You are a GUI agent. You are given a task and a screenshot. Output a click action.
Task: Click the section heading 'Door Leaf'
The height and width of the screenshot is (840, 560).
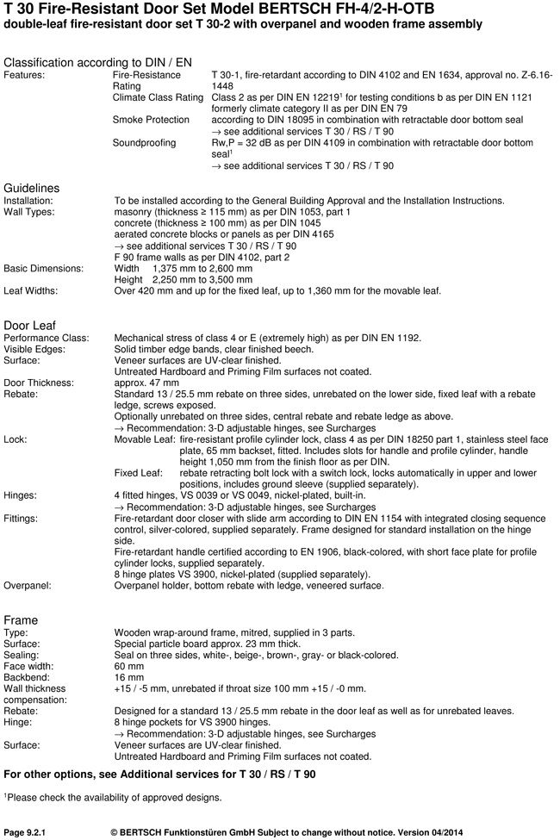click(x=30, y=325)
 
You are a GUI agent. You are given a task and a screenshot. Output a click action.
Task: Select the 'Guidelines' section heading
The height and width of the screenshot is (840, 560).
click(x=32, y=187)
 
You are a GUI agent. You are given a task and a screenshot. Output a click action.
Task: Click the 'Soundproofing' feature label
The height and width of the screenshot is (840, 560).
click(x=144, y=142)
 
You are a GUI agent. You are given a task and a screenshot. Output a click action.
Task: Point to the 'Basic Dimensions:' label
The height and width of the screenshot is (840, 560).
click(x=44, y=268)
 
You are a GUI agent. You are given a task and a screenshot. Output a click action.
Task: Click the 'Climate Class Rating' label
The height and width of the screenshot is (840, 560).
click(x=159, y=97)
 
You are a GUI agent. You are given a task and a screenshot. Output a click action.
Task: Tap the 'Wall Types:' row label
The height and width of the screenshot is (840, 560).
click(x=32, y=212)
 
